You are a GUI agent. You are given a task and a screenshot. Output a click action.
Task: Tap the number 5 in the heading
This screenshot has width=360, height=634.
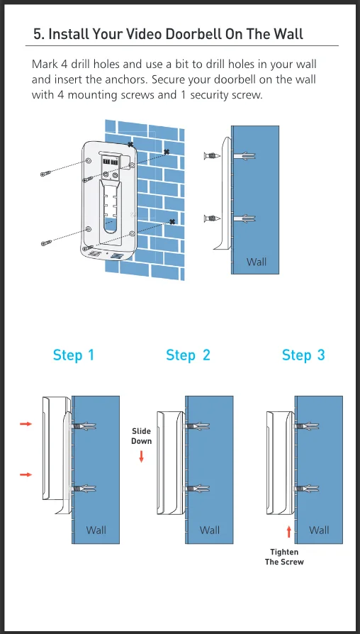click(x=38, y=34)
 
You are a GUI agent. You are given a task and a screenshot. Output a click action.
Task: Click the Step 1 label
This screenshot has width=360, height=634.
click(x=74, y=355)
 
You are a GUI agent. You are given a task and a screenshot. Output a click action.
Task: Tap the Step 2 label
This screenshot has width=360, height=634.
click(x=188, y=355)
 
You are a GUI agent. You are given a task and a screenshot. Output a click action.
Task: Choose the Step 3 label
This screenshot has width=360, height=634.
click(x=303, y=355)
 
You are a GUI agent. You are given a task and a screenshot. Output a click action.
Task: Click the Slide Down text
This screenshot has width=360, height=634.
click(x=142, y=436)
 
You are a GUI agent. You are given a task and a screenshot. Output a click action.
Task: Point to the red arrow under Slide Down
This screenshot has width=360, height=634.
click(x=142, y=457)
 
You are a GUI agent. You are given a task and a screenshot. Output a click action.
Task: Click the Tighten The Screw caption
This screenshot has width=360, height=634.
click(x=284, y=557)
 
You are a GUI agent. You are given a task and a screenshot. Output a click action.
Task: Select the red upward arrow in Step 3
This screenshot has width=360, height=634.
click(x=289, y=532)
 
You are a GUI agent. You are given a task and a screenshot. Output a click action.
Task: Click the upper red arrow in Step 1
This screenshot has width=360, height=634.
click(x=26, y=424)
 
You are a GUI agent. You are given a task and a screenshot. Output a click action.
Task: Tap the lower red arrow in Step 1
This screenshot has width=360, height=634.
click(x=26, y=474)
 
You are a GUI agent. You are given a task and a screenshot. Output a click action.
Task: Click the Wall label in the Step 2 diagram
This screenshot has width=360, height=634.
click(x=210, y=530)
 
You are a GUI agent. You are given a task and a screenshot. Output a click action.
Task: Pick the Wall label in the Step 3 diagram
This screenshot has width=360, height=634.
click(x=319, y=530)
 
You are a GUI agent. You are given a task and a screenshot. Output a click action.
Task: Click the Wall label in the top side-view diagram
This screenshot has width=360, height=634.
click(x=257, y=262)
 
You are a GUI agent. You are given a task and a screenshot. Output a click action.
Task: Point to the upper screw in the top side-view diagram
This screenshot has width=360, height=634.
click(x=212, y=155)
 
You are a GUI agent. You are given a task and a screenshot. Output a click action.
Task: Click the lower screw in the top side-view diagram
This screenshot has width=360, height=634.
click(x=212, y=218)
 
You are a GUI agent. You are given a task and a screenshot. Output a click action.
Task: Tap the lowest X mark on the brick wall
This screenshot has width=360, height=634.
click(x=172, y=221)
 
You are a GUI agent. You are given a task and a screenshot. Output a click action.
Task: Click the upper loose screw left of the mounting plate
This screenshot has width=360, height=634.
click(x=45, y=174)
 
